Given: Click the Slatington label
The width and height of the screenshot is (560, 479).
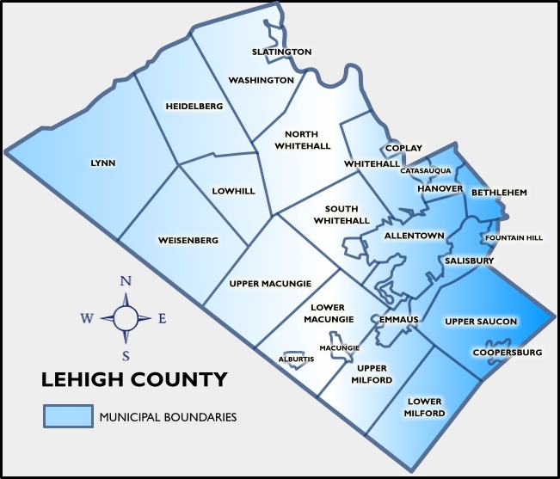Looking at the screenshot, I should point(281,52).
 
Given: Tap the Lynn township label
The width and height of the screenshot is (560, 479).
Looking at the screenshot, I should point(102,163).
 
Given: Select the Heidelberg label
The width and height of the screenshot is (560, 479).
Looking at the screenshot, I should point(194,106).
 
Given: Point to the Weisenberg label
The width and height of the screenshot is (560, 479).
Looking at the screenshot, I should point(188,240).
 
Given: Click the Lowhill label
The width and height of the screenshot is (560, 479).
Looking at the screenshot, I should point(233,191).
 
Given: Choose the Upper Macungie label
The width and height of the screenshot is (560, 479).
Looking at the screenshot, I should point(270,283).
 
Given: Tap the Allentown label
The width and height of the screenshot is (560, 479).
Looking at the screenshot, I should point(414,235).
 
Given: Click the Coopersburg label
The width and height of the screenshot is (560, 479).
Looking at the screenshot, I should point(507,353).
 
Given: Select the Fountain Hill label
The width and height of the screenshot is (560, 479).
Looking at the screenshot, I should point(514,237).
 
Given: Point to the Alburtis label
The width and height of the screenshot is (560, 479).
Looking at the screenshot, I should point(296,359).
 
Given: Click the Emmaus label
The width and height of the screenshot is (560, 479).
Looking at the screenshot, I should point(398,320).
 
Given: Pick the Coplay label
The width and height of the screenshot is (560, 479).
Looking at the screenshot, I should point(403,148).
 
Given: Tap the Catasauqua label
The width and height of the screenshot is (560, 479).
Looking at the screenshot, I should point(425,170).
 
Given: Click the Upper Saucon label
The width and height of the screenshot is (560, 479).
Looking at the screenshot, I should point(480,322).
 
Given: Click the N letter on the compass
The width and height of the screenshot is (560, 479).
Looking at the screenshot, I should point(126,281).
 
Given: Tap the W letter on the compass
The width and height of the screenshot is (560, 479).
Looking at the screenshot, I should point(87,319).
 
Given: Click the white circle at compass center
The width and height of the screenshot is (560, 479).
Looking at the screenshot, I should point(126,318).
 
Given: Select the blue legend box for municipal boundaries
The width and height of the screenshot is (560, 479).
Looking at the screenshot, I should point(68,416).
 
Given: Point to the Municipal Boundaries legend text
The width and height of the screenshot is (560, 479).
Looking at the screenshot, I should point(168,417).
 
